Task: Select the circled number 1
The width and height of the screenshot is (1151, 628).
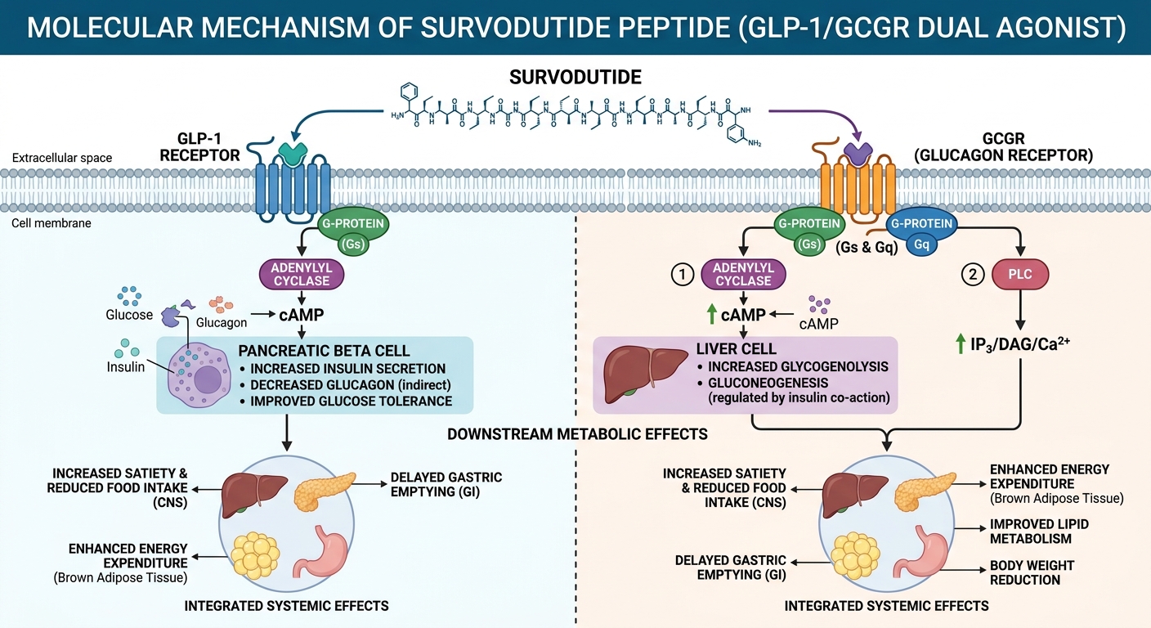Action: tap(682, 276)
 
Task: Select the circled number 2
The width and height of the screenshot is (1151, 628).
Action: tap(972, 276)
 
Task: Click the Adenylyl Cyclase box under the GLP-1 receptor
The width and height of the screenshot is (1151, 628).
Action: tap(302, 275)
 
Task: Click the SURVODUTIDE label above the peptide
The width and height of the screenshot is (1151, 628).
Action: tap(575, 78)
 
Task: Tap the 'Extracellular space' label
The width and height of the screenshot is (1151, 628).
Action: tap(63, 157)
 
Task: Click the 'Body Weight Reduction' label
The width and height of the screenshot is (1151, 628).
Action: tap(1032, 572)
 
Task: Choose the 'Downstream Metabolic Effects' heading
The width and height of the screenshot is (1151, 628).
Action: tap(577, 433)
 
